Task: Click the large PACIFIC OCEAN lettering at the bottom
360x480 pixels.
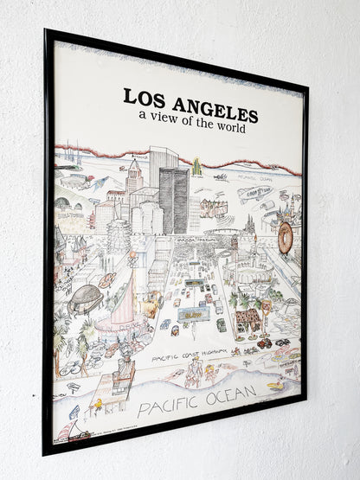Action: [196, 401]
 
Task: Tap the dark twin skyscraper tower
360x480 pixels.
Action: [173, 199]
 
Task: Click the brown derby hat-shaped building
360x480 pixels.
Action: [86, 298]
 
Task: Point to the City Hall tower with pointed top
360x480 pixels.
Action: [133, 177]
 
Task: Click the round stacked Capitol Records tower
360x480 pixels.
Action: [119, 234]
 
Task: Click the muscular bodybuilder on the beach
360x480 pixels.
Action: [196, 373]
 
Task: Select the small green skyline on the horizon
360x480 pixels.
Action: [198, 166]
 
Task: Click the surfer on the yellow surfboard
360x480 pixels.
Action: [275, 385]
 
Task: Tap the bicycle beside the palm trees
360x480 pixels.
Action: [71, 367]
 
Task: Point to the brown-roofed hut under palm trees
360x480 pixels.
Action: [247, 317]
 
